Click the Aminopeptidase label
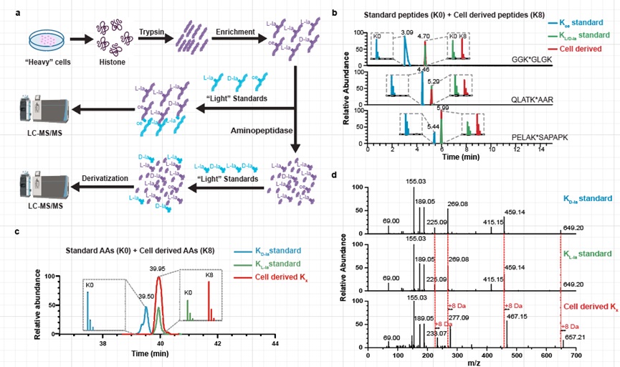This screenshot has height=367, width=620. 260,131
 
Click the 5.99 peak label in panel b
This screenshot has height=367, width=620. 442,109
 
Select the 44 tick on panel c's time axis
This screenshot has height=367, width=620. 276,345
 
